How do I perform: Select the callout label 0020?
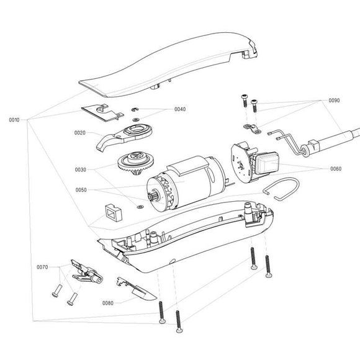[80, 132]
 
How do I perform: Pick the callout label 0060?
[335, 168]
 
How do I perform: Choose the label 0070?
[42, 268]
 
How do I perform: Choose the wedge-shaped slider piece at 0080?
[140, 289]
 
